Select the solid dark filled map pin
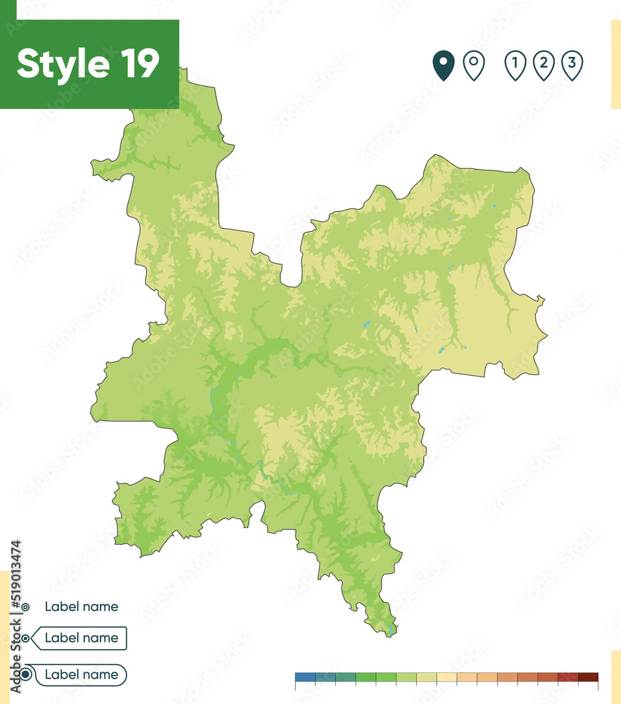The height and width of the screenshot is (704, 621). pyautogui.click(x=444, y=65)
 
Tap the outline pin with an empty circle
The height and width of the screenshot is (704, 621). pyautogui.click(x=474, y=65)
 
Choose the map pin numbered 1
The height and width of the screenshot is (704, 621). pyautogui.click(x=515, y=65)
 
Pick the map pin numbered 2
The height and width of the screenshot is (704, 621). pyautogui.click(x=544, y=65)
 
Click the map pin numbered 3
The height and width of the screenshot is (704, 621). pyautogui.click(x=572, y=65)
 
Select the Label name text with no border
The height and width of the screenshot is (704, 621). pyautogui.click(x=81, y=606)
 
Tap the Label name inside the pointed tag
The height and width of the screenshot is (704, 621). pyautogui.click(x=81, y=638)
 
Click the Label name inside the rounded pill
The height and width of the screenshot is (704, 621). pyautogui.click(x=81, y=674)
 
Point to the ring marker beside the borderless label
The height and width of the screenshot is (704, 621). pyautogui.click(x=25, y=606)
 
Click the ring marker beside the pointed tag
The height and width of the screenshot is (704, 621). pyautogui.click(x=26, y=638)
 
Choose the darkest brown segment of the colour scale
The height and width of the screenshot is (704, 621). pyautogui.click(x=588, y=677)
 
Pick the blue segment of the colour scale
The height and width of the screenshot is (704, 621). pyautogui.click(x=305, y=677)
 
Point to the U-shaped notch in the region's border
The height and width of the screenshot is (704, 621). pyautogui.click(x=290, y=282)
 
